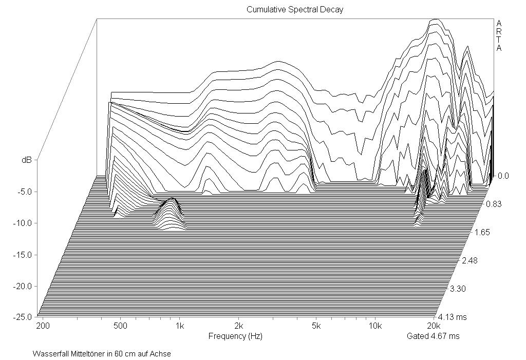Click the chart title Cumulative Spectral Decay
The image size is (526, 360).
pyautogui.click(x=294, y=9)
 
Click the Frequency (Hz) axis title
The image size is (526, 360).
pyautogui.click(x=235, y=336)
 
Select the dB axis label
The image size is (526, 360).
pyautogui.click(x=26, y=160)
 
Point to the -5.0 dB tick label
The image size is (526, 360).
pyautogui.click(x=24, y=192)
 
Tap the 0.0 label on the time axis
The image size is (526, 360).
pyautogui.click(x=503, y=176)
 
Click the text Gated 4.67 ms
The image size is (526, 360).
pyautogui.click(x=433, y=336)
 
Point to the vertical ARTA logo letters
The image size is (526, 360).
pyautogui.click(x=499, y=36)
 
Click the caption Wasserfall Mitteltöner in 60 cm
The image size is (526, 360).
pyautogui.click(x=102, y=354)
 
